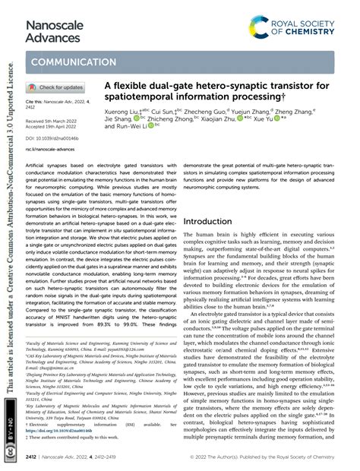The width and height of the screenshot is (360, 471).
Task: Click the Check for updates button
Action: point(57,87)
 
